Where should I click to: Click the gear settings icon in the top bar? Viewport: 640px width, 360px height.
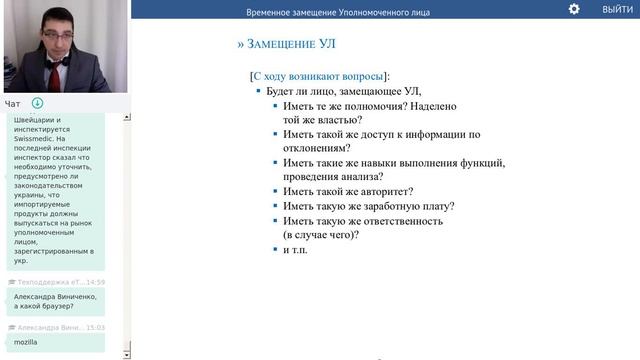click(x=574, y=9)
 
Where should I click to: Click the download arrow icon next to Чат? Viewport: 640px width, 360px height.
click(x=37, y=103)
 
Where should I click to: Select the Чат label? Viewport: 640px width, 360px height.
click(x=12, y=103)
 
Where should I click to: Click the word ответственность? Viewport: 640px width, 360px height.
click(x=394, y=221)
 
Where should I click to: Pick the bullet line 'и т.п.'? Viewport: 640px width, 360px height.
click(x=296, y=250)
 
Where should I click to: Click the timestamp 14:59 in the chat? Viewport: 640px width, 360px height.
click(x=95, y=283)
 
